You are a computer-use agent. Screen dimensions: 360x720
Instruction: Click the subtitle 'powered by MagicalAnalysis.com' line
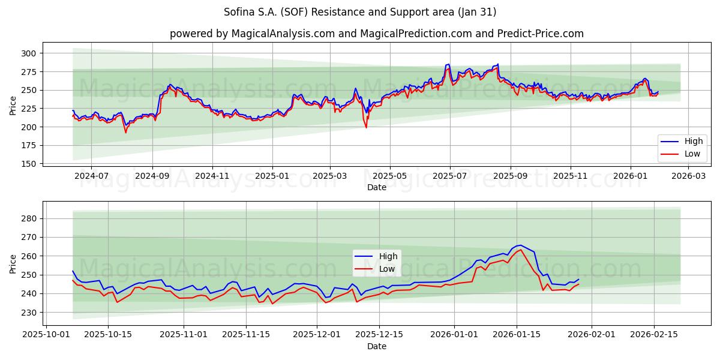tap(376, 34)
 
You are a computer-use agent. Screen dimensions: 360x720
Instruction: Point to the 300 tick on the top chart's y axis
tap(28, 53)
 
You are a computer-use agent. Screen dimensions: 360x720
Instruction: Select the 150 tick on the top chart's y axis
tap(28, 164)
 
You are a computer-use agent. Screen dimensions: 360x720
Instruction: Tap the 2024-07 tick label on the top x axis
tap(91, 176)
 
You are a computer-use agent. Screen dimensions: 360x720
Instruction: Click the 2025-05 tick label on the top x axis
tap(390, 176)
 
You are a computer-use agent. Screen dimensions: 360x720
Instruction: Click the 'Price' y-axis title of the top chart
tap(13, 105)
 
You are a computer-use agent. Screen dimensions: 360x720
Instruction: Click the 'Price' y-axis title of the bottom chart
tap(13, 263)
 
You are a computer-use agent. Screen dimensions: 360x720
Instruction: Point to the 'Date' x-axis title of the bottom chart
tap(376, 346)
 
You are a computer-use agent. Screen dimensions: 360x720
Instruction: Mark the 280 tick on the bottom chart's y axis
tap(28, 218)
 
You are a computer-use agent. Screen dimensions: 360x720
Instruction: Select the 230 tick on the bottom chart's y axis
tap(28, 313)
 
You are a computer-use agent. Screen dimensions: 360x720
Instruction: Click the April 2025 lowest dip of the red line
tap(366, 127)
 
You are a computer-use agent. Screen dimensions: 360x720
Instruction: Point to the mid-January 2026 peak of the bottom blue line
tap(520, 245)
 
